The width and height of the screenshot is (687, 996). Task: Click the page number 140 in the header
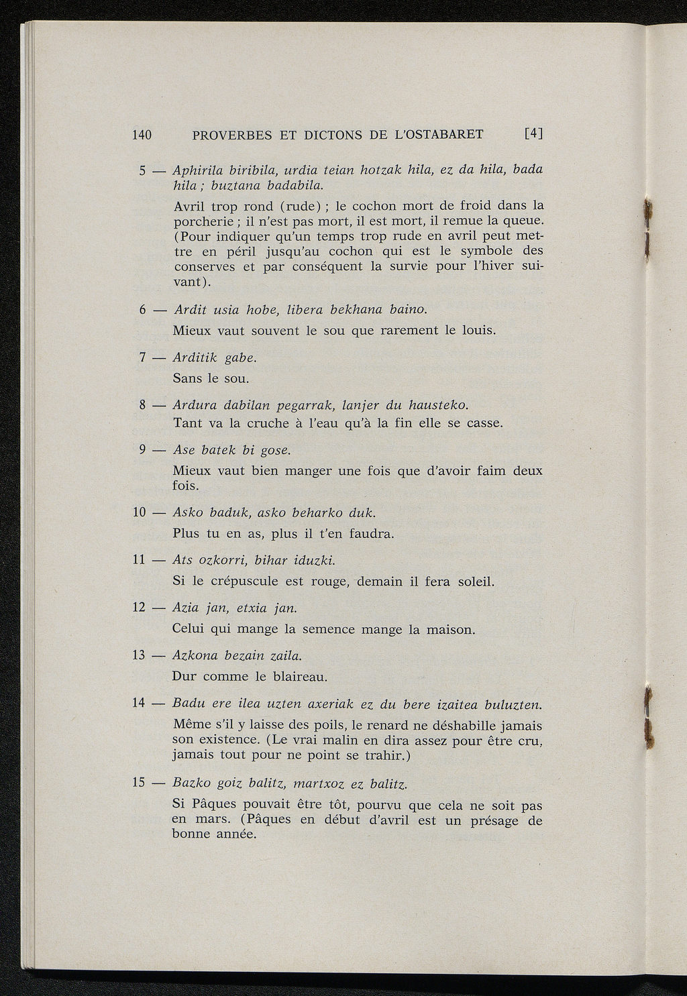142,134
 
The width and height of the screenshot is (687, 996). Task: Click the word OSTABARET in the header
445,134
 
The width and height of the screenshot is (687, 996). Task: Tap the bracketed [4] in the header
533,133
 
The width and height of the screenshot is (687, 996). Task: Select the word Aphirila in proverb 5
197,170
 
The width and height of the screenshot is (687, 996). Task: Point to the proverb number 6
143,310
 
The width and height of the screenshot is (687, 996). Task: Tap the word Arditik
195,357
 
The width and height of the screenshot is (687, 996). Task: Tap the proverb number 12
140,608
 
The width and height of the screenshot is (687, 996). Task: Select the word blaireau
300,676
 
